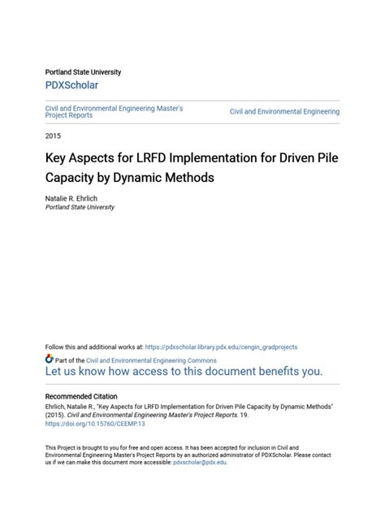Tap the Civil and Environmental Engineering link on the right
tap(284, 111)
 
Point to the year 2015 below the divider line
tap(53, 136)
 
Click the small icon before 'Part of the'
tap(49, 359)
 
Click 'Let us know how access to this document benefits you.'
tap(184, 373)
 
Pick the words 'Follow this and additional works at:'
tap(93, 345)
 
